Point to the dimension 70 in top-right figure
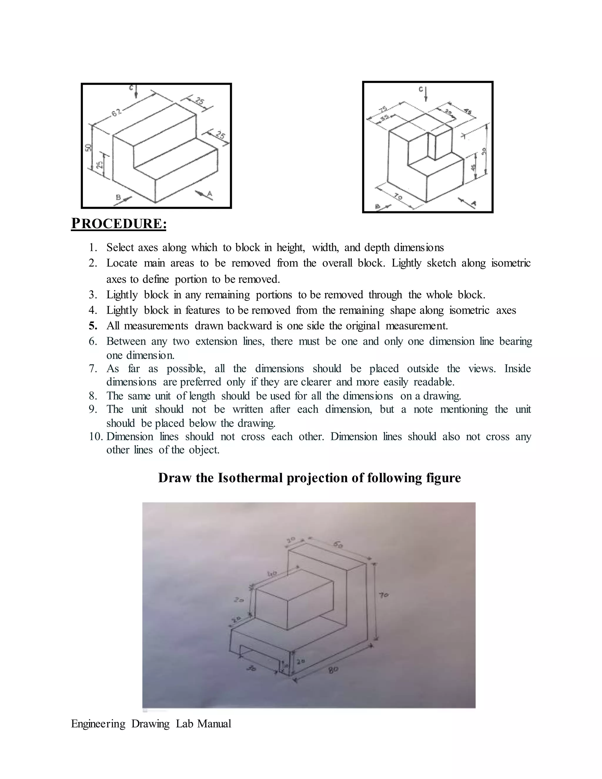pos(398,197)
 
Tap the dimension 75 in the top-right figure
pos(383,109)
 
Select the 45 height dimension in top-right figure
pos(474,167)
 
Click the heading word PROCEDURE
pos(118,224)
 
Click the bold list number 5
pos(93,326)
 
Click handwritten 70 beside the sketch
pos(384,595)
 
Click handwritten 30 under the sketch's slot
pos(252,669)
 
